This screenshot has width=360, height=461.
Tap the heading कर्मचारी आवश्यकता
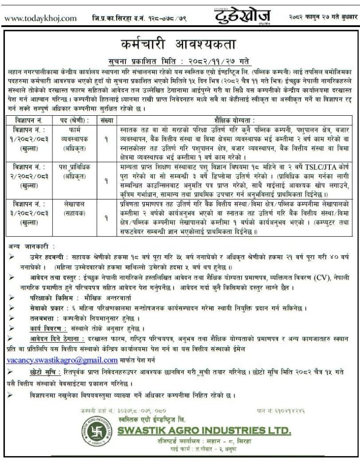(180, 45)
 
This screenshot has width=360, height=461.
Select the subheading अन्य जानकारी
(32, 247)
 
